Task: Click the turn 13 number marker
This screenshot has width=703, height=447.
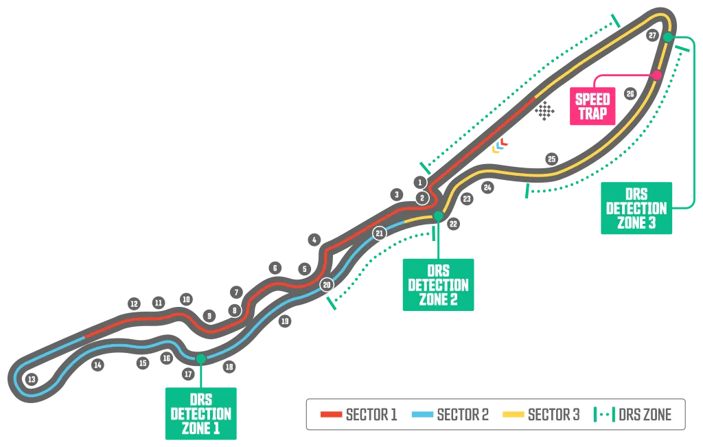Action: point(31,379)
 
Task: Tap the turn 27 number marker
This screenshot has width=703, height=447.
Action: point(652,36)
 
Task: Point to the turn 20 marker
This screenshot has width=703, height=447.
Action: point(327,284)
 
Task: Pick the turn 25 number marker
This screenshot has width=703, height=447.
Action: point(551,159)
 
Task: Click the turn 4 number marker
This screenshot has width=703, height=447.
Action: point(314,240)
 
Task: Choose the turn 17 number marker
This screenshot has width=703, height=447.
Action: point(188,374)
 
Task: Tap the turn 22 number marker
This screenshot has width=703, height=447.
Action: point(452,223)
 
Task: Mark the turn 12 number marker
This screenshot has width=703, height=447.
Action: point(134,303)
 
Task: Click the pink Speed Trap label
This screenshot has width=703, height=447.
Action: point(592,106)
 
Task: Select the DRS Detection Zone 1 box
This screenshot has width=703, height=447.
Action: point(201,413)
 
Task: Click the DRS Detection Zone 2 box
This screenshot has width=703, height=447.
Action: point(438,284)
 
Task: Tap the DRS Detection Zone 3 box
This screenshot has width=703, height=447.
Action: point(636,208)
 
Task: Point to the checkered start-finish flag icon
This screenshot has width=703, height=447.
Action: point(544,111)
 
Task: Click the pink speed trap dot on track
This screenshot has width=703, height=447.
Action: point(657,75)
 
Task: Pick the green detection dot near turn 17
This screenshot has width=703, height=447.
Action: point(200,358)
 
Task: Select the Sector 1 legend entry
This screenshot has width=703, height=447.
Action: point(359,415)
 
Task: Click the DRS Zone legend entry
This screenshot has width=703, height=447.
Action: point(633,415)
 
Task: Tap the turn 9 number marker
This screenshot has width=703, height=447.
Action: point(209,315)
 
